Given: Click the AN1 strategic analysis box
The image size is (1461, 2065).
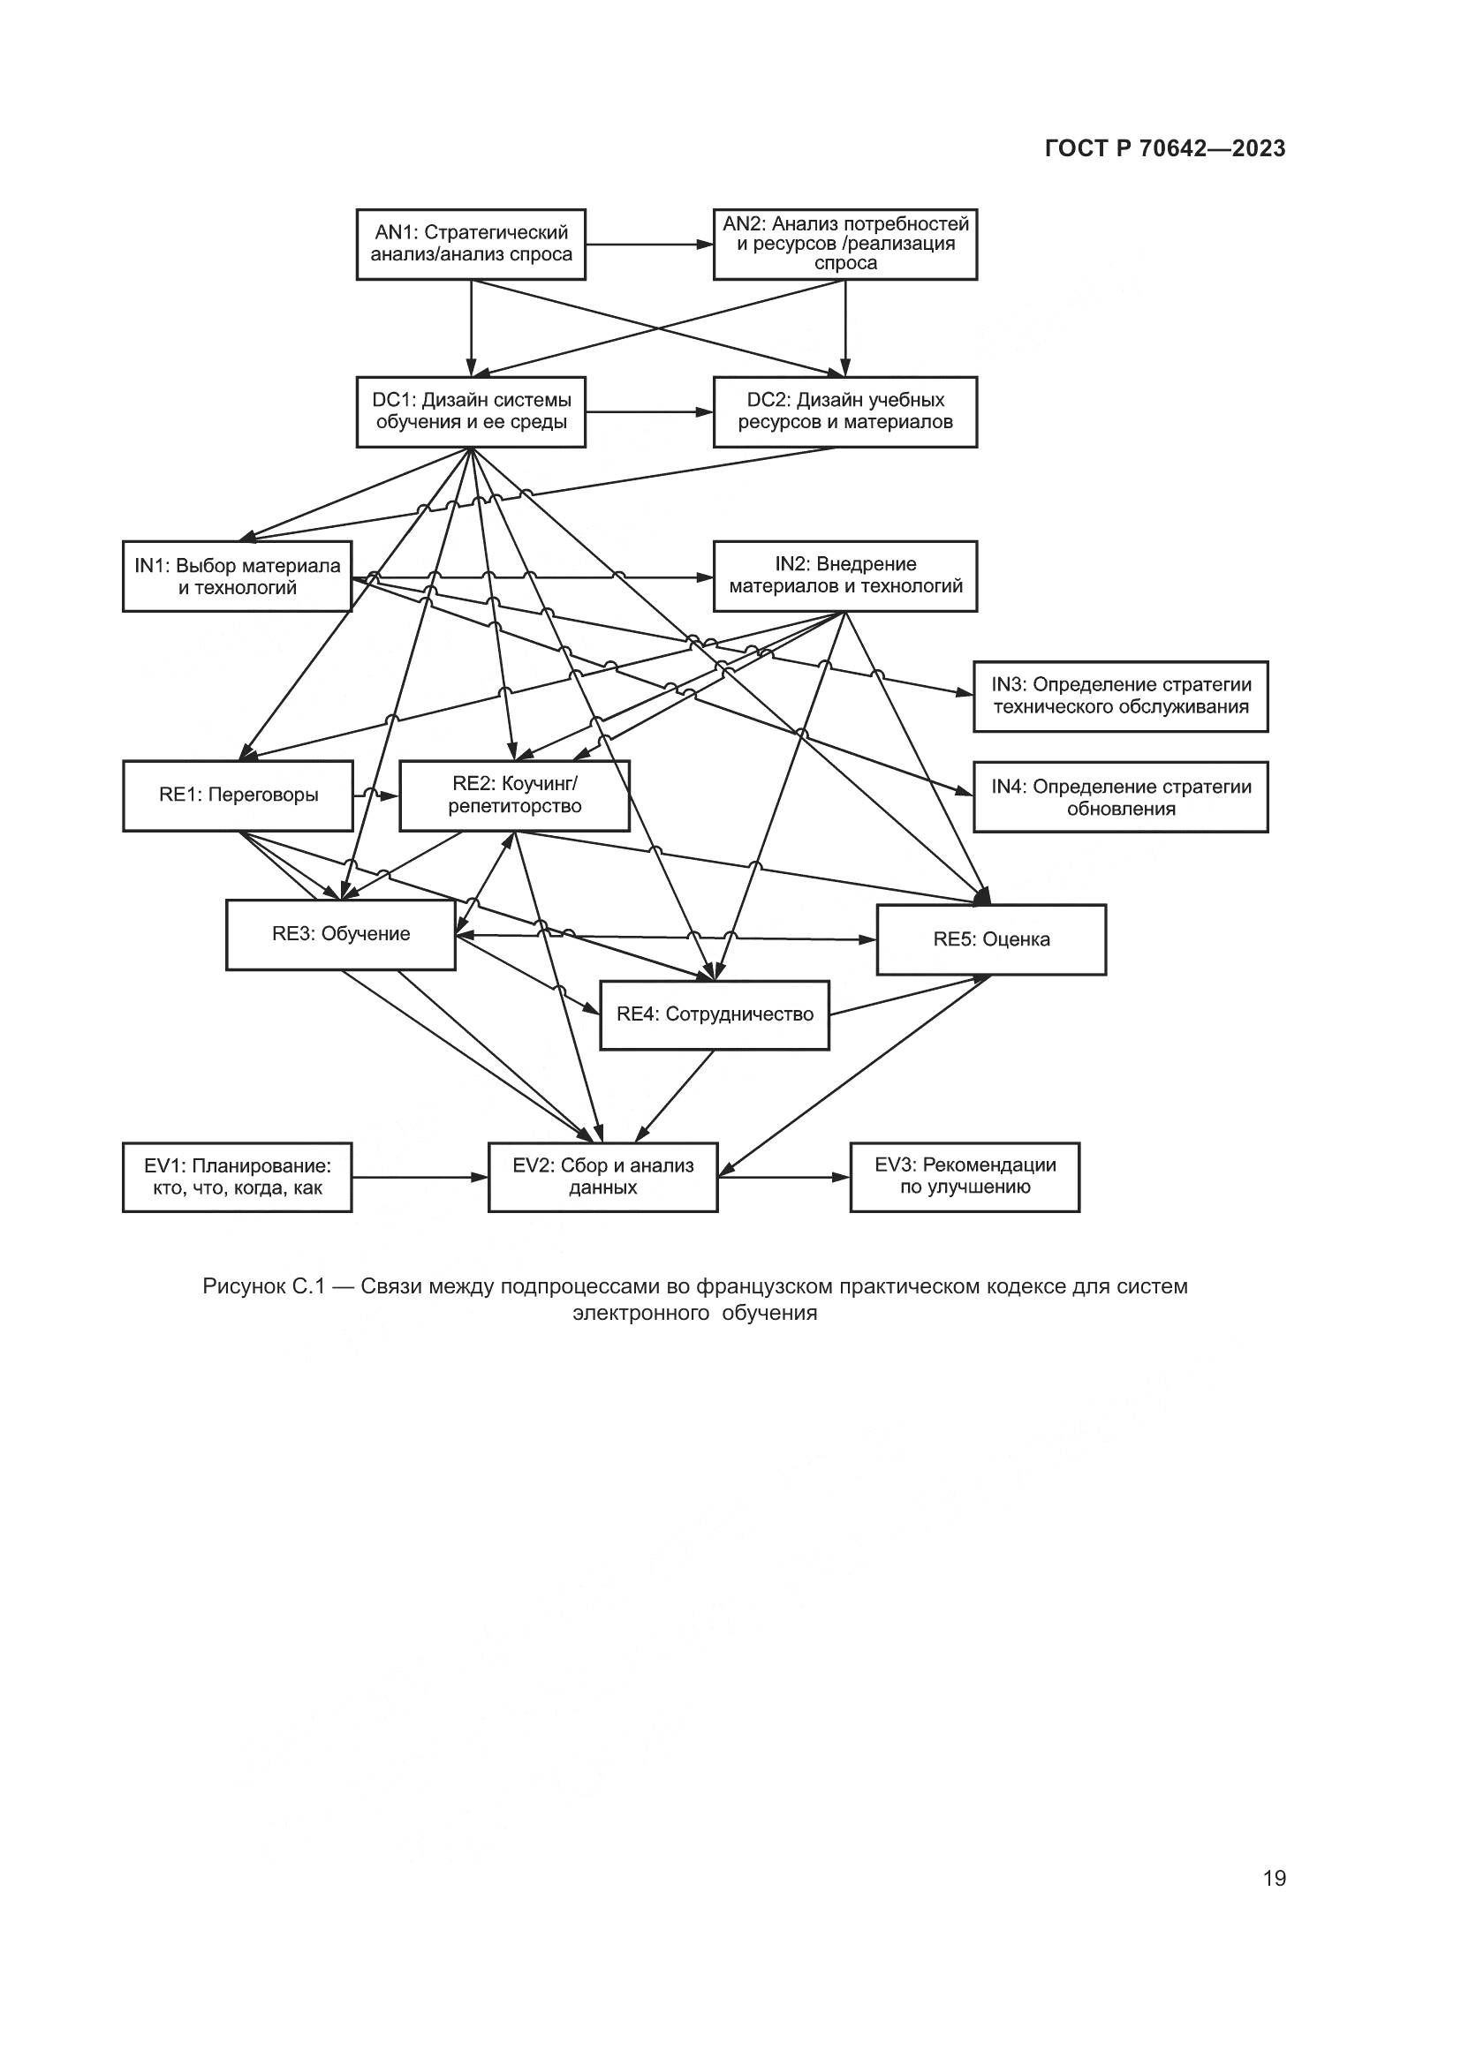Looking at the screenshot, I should pos(471,244).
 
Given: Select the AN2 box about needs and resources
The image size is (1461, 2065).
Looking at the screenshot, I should pos(844,244).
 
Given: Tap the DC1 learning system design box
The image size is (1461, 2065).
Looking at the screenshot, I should pos(471,412).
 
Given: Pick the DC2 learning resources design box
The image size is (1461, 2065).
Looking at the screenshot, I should pos(844,412).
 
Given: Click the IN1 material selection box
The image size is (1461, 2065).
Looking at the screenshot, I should pos(237,577).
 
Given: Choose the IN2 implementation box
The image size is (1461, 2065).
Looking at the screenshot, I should pos(844,576).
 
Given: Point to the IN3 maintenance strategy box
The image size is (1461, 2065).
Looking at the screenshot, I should pos(1120,696).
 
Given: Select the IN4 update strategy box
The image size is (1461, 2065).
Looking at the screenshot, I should pos(1120,797).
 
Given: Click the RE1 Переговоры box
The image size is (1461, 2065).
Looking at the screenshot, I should pos(238,796).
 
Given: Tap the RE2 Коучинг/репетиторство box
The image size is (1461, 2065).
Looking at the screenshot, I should pos(514,796).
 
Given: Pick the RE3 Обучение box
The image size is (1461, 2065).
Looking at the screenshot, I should pos(340,935).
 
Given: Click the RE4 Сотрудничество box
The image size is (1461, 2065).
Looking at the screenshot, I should pos(715,1015).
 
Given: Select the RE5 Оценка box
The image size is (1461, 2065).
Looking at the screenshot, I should pos(990,940).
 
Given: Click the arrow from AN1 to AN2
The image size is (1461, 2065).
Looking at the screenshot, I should pos(648,244).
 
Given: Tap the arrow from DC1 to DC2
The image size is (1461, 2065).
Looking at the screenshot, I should pos(648,412).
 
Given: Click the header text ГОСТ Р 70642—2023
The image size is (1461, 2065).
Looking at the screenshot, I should pos(1165,149).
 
